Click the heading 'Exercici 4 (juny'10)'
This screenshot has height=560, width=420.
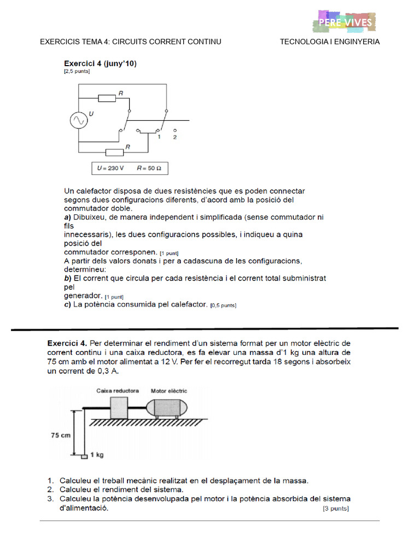click(100, 63)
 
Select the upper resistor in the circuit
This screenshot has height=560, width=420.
click(107, 98)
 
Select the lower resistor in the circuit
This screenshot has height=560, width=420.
click(114, 151)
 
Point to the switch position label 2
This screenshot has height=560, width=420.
click(174, 137)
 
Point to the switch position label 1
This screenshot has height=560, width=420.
click(159, 137)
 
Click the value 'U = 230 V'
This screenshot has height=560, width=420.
click(110, 168)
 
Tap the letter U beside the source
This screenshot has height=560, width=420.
click(91, 114)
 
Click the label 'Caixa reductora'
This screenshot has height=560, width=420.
click(118, 391)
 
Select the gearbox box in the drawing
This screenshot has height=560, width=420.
click(119, 408)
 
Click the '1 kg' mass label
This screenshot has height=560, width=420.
click(97, 454)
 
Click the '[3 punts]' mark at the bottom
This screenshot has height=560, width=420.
click(336, 509)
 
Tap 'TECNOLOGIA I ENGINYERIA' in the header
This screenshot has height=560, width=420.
click(330, 42)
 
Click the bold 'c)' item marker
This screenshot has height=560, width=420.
click(68, 304)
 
